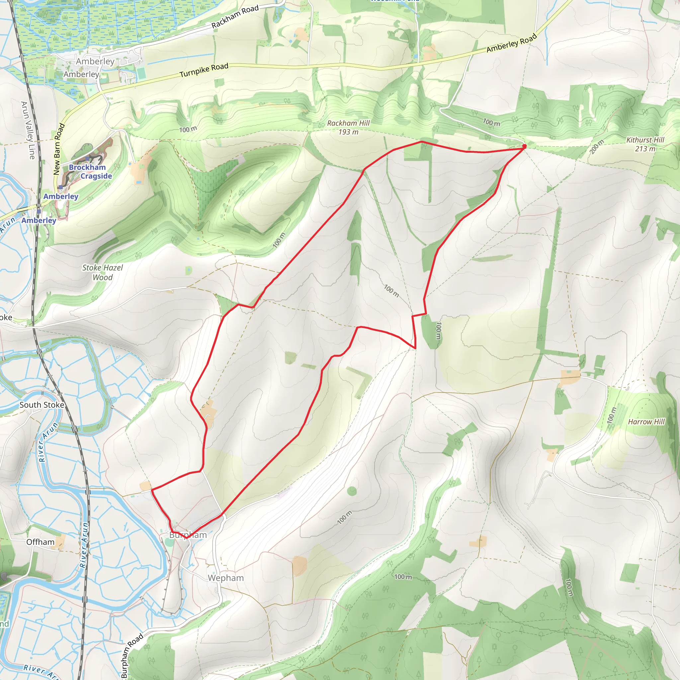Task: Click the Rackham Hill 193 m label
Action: pyautogui.click(x=348, y=127)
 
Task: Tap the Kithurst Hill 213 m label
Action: pyautogui.click(x=645, y=144)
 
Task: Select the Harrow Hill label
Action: pyautogui.click(x=646, y=422)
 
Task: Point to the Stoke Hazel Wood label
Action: pyautogui.click(x=102, y=272)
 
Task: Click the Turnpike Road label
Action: pyautogui.click(x=204, y=70)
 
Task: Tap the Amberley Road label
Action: pyautogui.click(x=511, y=43)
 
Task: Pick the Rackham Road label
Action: pyautogui.click(x=235, y=17)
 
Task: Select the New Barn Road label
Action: pyautogui.click(x=59, y=149)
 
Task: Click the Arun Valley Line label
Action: pyautogui.click(x=28, y=130)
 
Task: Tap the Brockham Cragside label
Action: pyautogui.click(x=90, y=171)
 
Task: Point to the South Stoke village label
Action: pyautogui.click(x=42, y=405)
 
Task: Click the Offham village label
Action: pyautogui.click(x=41, y=542)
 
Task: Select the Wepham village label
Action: pyautogui.click(x=225, y=578)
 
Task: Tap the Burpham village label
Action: pyautogui.click(x=188, y=535)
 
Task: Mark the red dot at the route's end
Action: pyautogui.click(x=524, y=146)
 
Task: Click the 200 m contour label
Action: pyautogui.click(x=597, y=146)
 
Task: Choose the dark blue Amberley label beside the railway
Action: pyautogui.click(x=39, y=220)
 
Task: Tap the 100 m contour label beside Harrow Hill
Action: pyautogui.click(x=612, y=416)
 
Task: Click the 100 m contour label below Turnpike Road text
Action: pyautogui.click(x=188, y=129)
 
